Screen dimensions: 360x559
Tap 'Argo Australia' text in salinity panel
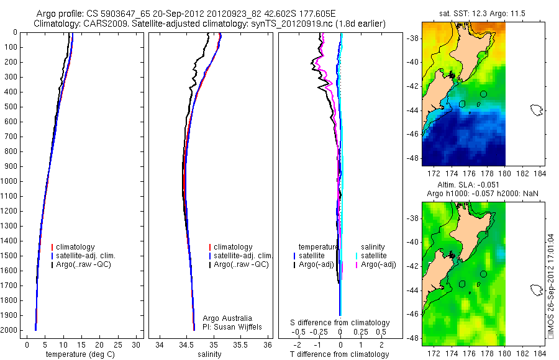pos(227,318)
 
